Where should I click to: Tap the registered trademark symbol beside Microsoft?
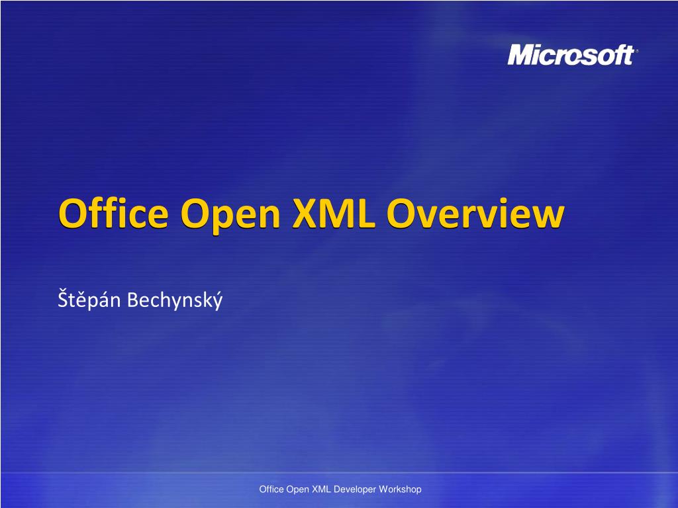(636, 49)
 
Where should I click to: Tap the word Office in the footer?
(271, 489)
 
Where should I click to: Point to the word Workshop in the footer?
(401, 489)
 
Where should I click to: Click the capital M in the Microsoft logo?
(520, 56)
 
